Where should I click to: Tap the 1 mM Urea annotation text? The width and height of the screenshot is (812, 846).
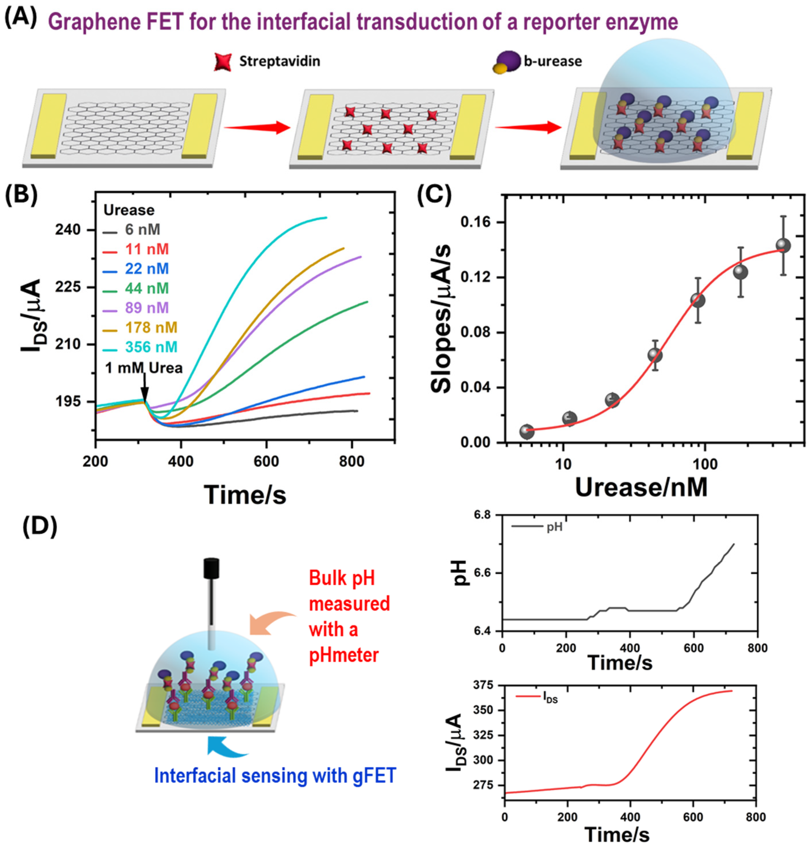(x=144, y=368)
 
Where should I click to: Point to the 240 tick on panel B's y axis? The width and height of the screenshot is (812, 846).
(x=68, y=230)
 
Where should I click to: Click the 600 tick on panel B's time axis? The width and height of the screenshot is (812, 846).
(x=266, y=461)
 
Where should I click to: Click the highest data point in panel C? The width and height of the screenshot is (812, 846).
(x=783, y=246)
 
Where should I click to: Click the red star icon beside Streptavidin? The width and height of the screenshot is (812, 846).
(x=223, y=62)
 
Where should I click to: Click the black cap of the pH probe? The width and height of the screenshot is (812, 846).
(x=211, y=569)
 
